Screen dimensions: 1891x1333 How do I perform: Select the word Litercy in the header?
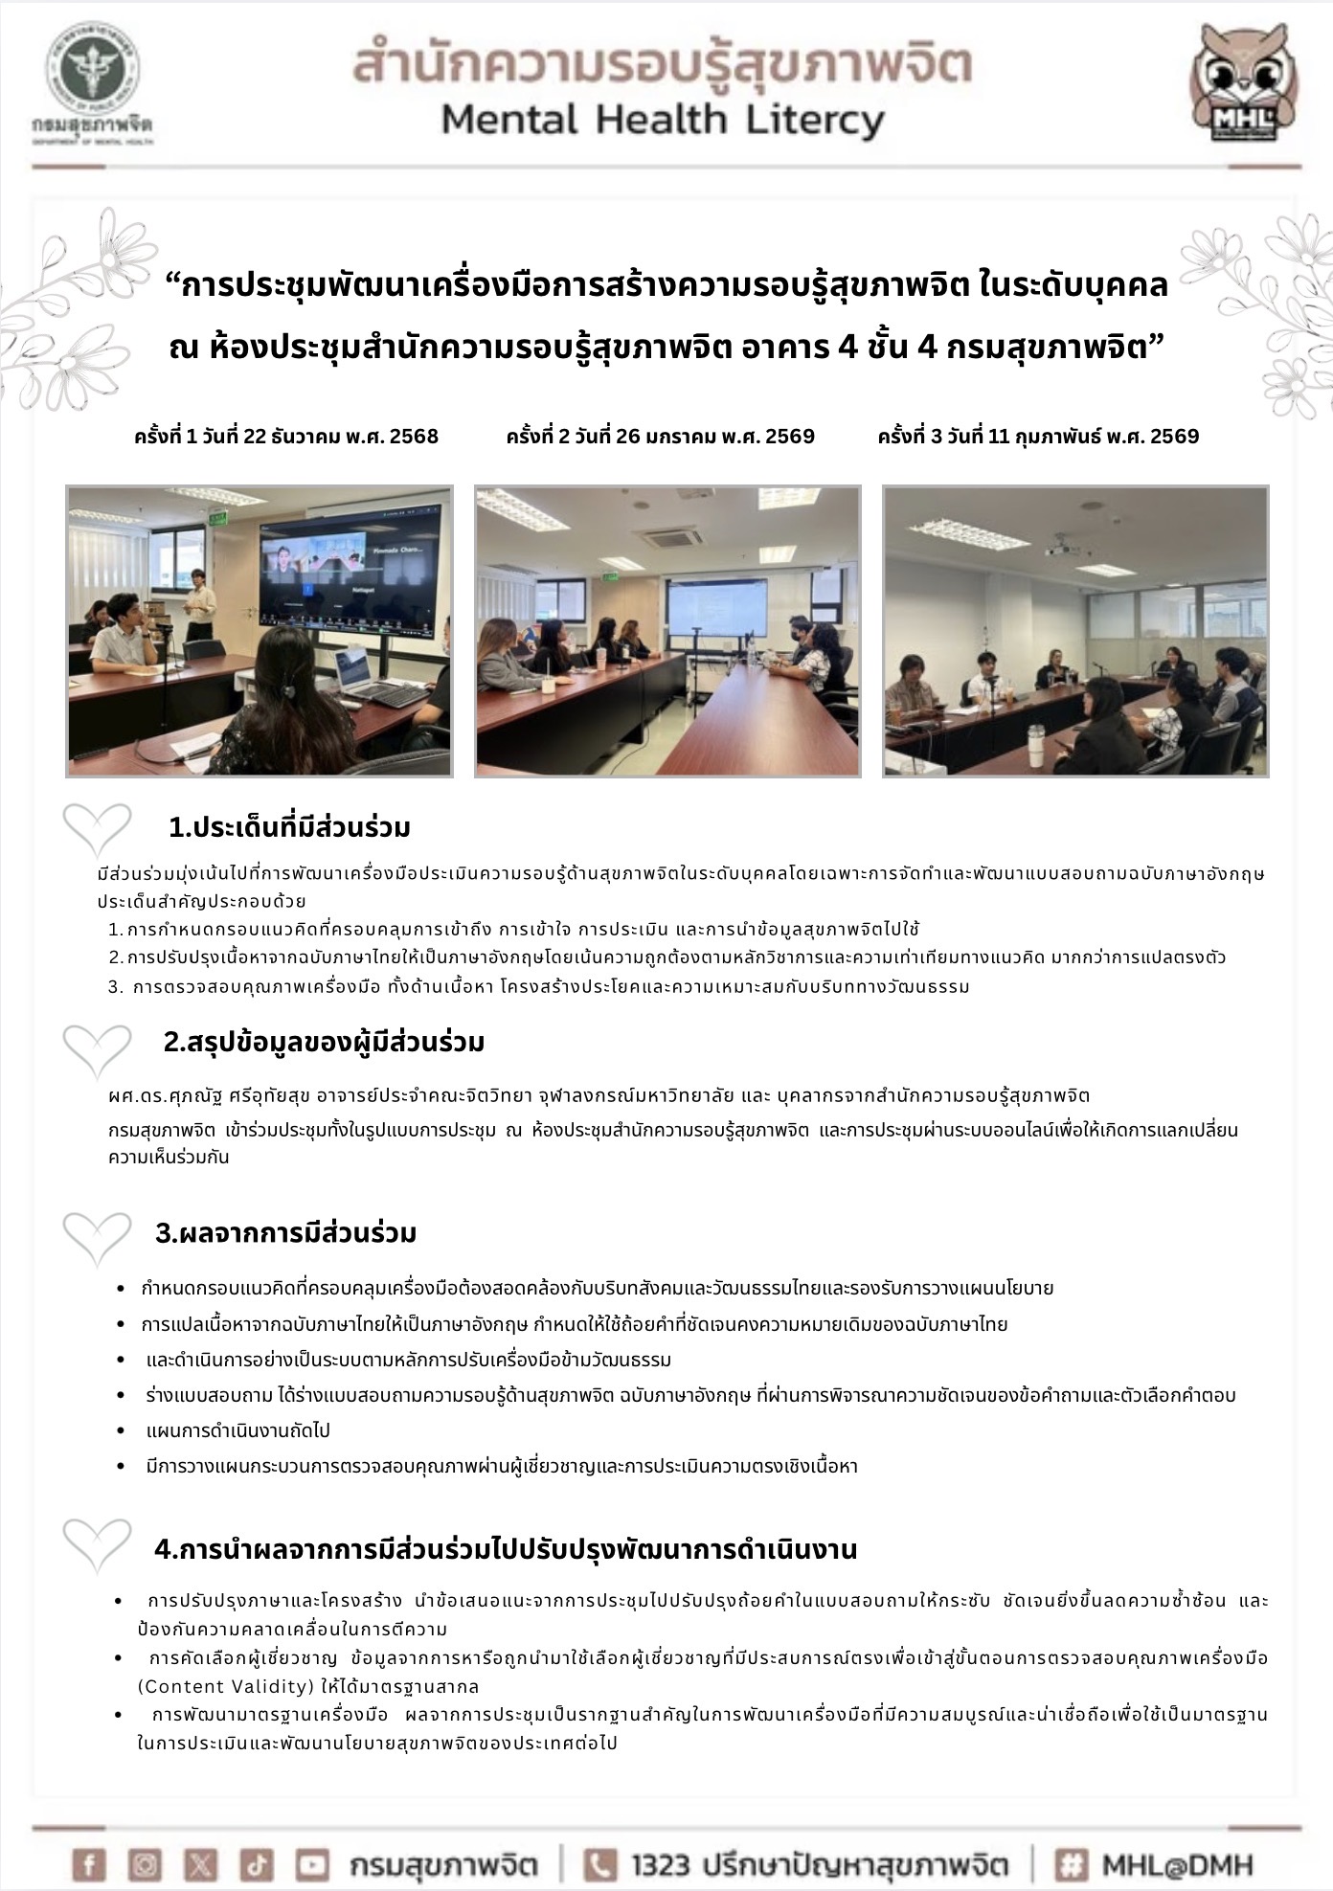[x=812, y=122]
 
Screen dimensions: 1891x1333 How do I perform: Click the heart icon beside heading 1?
[x=97, y=828]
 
